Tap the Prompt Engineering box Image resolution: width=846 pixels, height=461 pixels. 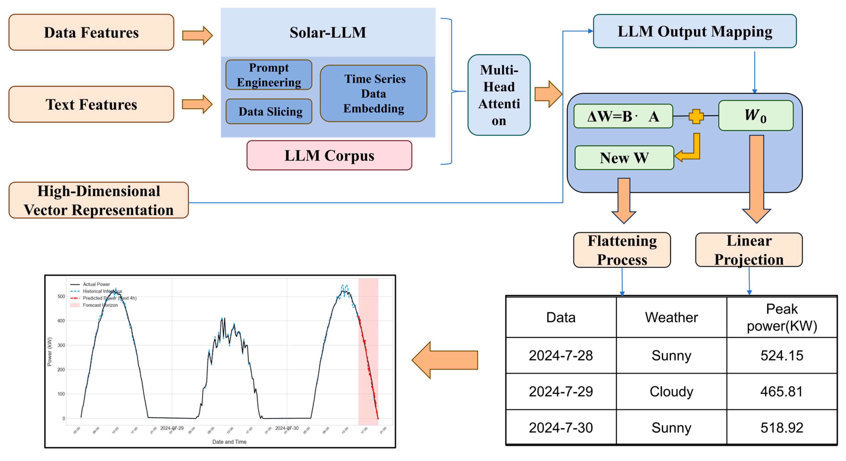point(269,75)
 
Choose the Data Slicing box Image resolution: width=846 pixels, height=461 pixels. point(269,112)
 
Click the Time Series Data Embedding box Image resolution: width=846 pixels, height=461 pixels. point(373,94)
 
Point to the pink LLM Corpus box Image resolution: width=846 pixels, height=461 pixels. point(329,155)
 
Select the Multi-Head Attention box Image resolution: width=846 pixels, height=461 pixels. point(499,95)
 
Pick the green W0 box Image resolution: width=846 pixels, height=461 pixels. point(755,116)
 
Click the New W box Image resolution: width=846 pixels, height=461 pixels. point(624,158)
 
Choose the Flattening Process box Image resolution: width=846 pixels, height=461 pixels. point(622,250)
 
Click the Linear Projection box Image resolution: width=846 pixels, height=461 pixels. point(749,250)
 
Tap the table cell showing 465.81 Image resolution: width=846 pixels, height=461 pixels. point(782,391)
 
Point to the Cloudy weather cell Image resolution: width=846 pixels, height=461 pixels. point(671,391)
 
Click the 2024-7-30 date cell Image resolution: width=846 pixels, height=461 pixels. point(561,427)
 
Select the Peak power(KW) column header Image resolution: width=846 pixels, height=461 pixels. point(782,317)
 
